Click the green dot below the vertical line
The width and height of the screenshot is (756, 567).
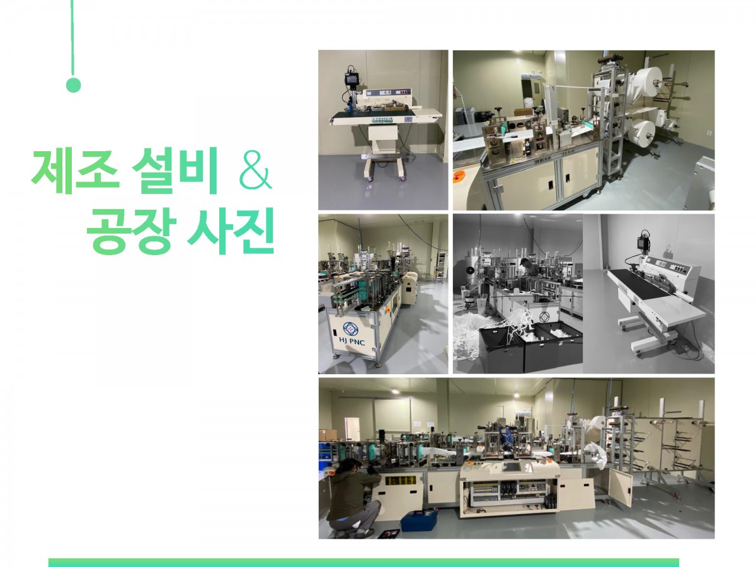[x=73, y=85]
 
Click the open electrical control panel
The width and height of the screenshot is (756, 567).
[x=510, y=495]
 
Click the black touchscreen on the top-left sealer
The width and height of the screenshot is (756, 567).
[x=352, y=79]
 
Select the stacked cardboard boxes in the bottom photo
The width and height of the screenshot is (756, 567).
[x=328, y=435]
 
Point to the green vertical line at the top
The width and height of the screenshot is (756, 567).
[x=72, y=38]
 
